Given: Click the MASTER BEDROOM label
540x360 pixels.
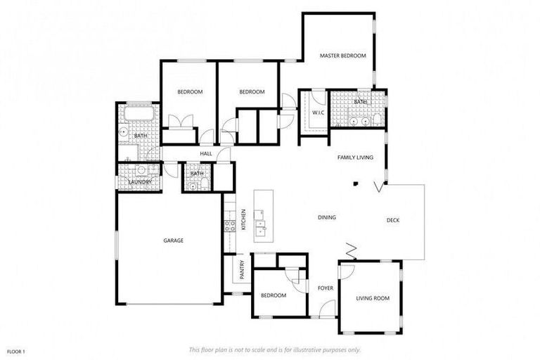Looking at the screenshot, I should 342,56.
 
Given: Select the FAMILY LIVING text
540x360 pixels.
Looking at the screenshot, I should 355,157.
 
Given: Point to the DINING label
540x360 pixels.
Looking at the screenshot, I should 326,217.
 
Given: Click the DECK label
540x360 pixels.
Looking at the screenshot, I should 393,221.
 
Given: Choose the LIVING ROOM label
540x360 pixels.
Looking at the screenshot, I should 372,298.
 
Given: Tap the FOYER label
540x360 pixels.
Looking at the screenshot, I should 325,288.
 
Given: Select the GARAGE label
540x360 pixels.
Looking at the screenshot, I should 174,240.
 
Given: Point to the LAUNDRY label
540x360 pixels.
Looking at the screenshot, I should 139,183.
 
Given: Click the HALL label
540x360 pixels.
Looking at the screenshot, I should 206,153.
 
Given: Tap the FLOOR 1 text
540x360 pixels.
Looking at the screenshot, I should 16,351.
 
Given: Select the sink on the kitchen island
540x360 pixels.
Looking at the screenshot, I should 261,226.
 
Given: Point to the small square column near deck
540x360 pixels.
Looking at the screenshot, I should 356,184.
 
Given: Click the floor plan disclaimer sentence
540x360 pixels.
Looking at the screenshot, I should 275,349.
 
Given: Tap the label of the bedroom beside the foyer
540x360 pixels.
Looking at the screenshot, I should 273,295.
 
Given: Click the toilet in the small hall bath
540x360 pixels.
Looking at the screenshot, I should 203,184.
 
